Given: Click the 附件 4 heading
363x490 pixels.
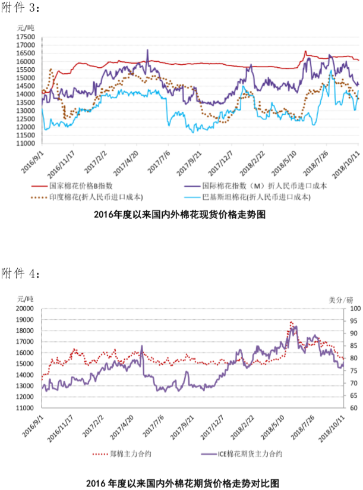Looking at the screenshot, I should point(21,273).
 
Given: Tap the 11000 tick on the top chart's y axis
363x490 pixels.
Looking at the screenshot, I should point(27,143).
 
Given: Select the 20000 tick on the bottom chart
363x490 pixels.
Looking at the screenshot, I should point(27,309).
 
